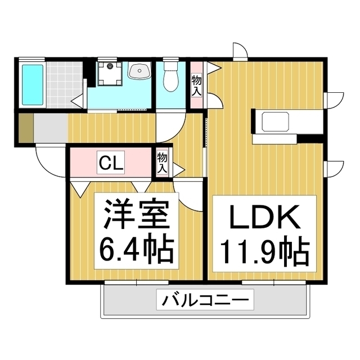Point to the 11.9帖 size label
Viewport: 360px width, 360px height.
click(x=262, y=251)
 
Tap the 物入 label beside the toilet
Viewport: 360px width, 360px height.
click(x=197, y=84)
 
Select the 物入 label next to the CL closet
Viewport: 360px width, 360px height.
click(x=162, y=162)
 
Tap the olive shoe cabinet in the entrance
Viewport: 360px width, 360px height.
click(x=25, y=129)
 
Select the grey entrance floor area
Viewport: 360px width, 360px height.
click(x=51, y=129)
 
